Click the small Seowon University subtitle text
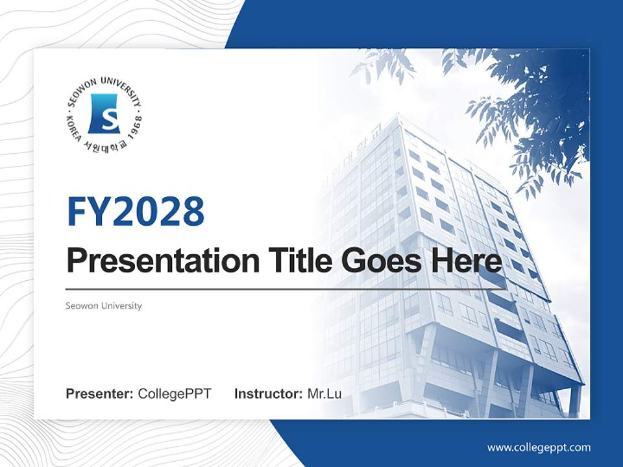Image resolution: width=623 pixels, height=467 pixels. tap(103, 305)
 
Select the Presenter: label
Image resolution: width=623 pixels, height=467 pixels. tap(99, 394)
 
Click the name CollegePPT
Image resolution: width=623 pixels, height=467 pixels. tap(175, 394)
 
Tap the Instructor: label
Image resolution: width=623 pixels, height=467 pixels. tap(268, 394)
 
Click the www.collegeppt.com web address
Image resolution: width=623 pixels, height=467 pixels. tap(539, 447)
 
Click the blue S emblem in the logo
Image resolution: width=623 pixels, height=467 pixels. tap(104, 114)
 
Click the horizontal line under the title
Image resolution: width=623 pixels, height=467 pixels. tap(286, 289)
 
